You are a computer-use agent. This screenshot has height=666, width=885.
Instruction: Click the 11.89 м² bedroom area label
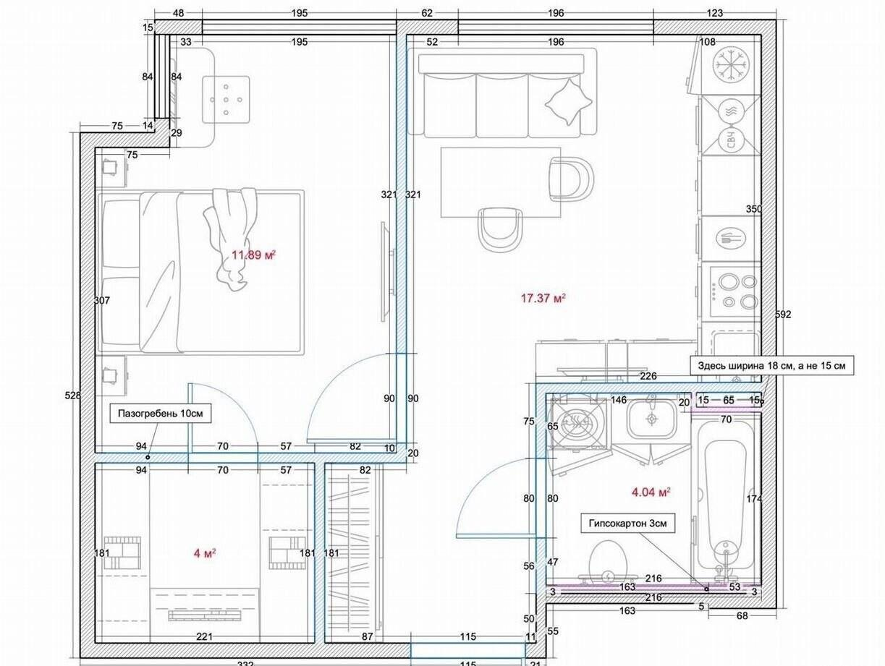pyautogui.click(x=253, y=255)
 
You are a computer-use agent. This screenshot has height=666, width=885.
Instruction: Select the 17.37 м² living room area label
pyautogui.click(x=543, y=298)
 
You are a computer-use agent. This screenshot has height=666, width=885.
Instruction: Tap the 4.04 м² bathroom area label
pyautogui.click(x=651, y=492)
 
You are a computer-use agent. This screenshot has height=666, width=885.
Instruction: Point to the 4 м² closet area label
pyautogui.click(x=204, y=553)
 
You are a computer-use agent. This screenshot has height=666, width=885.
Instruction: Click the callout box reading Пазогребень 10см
pyautogui.click(x=161, y=414)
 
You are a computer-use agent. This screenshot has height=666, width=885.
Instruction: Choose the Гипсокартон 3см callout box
pyautogui.click(x=628, y=524)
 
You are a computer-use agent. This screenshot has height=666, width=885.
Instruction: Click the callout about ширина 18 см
pyautogui.click(x=771, y=366)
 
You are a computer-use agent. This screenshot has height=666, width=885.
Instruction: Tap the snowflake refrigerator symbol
pyautogui.click(x=731, y=65)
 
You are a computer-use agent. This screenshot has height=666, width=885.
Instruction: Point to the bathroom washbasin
pyautogui.click(x=651, y=419)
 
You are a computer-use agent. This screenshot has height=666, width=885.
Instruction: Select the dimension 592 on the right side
pyautogui.click(x=783, y=315)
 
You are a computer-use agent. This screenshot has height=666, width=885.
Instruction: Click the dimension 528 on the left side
pyautogui.click(x=73, y=396)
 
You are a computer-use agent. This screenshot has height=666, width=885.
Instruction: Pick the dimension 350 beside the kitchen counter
pyautogui.click(x=754, y=209)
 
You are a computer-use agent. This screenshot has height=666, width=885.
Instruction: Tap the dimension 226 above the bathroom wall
pyautogui.click(x=648, y=376)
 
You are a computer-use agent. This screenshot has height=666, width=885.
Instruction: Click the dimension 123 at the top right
pyautogui.click(x=715, y=13)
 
